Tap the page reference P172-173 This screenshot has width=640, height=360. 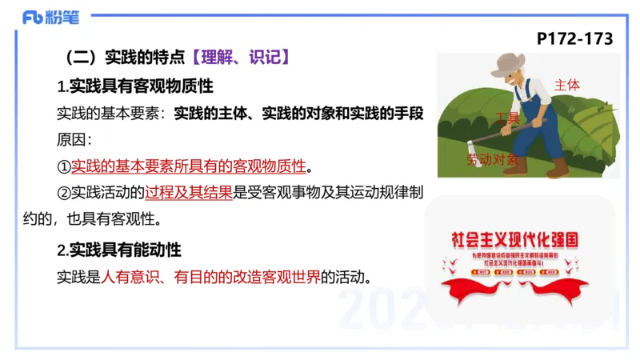click(574, 38)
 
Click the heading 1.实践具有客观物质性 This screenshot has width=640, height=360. click(135, 85)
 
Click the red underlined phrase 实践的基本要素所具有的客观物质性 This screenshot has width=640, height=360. click(189, 166)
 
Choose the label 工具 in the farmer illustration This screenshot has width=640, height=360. click(506, 118)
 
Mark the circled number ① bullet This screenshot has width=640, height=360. click(64, 166)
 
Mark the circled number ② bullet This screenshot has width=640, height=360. click(64, 193)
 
